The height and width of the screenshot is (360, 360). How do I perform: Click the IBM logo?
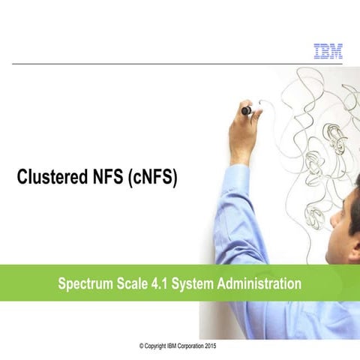coord(327,51)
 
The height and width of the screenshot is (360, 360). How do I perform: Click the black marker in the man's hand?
coord(246,110)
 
